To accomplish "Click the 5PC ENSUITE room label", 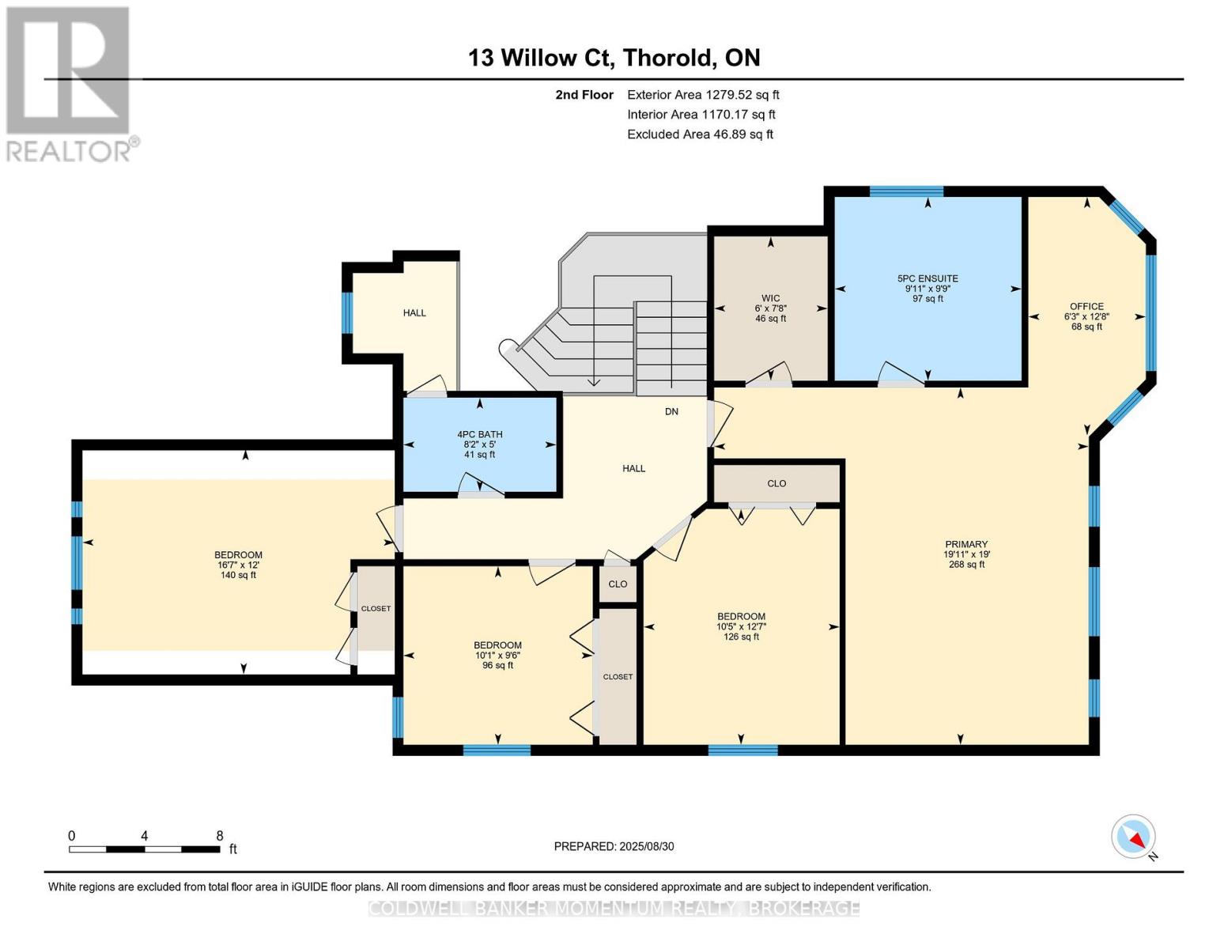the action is click(x=928, y=278).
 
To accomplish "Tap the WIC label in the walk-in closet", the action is click(x=770, y=298).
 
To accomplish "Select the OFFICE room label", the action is click(x=1086, y=306).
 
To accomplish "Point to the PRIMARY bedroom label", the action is click(x=965, y=544).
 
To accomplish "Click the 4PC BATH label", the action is click(x=480, y=434).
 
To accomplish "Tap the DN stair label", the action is click(x=671, y=411).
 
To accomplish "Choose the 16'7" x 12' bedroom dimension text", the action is click(x=238, y=565).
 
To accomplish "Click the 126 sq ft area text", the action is click(x=741, y=637).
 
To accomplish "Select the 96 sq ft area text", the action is click(x=497, y=665).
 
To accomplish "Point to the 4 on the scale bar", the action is click(x=144, y=835).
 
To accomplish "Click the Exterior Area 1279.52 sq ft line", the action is click(x=703, y=95).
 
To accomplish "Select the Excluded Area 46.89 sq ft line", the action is click(x=700, y=134).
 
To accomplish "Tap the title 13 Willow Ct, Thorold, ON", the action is click(x=614, y=58).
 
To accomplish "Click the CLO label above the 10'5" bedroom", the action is click(x=776, y=483).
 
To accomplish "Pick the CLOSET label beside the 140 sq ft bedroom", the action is click(x=376, y=609).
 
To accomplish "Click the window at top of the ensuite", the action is click(x=906, y=191).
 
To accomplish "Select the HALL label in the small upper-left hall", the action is click(x=414, y=312).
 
